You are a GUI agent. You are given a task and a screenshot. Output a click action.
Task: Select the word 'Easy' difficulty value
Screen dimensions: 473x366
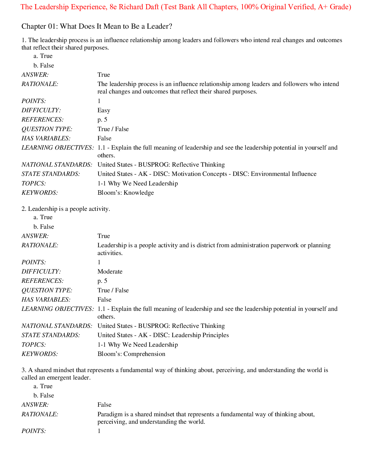104,110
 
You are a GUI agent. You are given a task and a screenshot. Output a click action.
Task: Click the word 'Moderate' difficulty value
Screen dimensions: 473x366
110,271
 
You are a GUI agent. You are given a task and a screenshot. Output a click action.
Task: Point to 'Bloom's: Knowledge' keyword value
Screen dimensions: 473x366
126,193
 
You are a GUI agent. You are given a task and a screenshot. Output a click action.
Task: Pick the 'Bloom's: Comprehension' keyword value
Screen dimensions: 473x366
131,354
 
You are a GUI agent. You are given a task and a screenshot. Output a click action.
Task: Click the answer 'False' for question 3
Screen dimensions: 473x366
104,405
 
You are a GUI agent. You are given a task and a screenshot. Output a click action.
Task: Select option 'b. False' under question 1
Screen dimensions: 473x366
44,65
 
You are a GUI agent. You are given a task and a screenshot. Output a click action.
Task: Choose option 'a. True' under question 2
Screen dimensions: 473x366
43,217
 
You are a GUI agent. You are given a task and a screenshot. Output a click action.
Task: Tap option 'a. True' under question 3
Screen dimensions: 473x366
43,386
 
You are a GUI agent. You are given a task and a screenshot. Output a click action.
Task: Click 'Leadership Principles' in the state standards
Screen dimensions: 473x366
200,335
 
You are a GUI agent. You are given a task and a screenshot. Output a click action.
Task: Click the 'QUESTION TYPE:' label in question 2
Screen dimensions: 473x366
47,290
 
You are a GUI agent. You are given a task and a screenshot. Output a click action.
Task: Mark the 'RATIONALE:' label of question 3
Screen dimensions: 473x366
40,414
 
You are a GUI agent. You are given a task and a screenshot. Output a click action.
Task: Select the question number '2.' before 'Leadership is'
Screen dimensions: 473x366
24,209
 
